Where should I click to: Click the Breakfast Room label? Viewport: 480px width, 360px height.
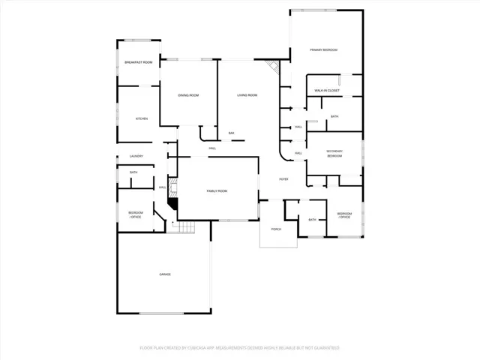tap(139, 62)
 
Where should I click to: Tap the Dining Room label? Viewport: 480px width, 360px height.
tap(188, 95)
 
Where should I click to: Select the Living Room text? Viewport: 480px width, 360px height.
tap(247, 95)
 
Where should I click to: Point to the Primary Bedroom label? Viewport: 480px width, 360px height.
tap(324, 49)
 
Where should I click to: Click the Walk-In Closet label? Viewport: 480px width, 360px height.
tap(327, 90)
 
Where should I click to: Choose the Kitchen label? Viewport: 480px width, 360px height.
tap(141, 118)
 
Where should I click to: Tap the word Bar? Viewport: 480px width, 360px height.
tap(232, 133)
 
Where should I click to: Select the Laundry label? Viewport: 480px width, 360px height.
tap(136, 156)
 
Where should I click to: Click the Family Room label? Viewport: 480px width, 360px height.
tap(217, 191)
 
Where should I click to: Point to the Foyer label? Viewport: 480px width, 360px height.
tap(284, 179)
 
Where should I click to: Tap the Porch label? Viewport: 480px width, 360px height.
tap(276, 229)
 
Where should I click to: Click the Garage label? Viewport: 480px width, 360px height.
tap(164, 274)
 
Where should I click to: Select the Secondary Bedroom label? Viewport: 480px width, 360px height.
tap(334, 154)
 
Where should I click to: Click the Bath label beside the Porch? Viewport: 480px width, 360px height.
tap(312, 219)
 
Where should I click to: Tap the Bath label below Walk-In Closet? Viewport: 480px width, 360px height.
tap(334, 116)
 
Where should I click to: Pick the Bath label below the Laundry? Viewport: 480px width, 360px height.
tap(133, 172)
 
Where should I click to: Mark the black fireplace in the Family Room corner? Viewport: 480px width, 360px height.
tap(173, 202)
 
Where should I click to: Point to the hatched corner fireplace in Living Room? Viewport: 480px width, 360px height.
tap(275, 70)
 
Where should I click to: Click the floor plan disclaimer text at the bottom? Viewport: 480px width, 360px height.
tap(239, 348)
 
